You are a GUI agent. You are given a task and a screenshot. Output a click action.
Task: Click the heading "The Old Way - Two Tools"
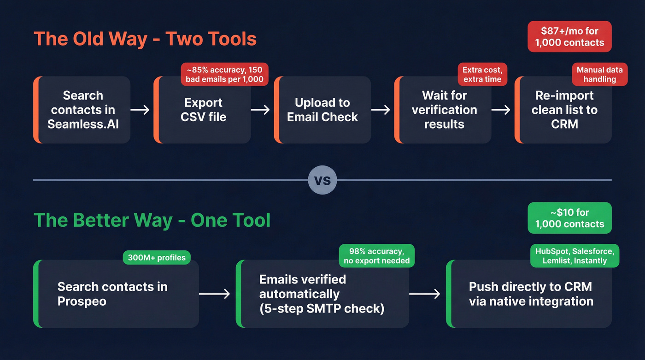point(145,38)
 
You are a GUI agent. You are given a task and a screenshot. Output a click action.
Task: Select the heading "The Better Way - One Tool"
point(152,220)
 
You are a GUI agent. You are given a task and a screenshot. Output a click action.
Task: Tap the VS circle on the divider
point(322,180)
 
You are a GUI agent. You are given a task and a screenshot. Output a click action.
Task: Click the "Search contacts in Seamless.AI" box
point(83,110)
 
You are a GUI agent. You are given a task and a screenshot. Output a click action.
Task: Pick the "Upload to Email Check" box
point(322,110)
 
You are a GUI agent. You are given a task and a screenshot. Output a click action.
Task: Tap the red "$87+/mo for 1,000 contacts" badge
point(569,37)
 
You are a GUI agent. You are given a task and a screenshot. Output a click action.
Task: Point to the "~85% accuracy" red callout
point(224,74)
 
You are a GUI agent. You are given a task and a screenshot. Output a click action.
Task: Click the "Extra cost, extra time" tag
point(482,74)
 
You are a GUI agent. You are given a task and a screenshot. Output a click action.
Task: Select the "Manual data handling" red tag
point(599,74)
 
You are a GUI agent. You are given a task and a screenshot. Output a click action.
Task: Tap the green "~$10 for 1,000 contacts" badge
point(569,218)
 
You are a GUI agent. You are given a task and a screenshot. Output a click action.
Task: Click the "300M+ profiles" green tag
point(157,258)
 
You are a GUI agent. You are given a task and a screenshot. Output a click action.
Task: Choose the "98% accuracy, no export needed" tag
point(376,256)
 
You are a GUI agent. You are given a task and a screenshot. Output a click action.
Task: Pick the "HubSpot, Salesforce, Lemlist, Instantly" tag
point(574,256)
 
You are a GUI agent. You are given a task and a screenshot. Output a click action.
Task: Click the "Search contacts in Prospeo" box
point(116,294)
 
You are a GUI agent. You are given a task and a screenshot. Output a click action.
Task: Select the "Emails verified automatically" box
point(322,294)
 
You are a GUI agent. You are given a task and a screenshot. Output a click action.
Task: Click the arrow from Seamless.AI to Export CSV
point(140,110)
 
